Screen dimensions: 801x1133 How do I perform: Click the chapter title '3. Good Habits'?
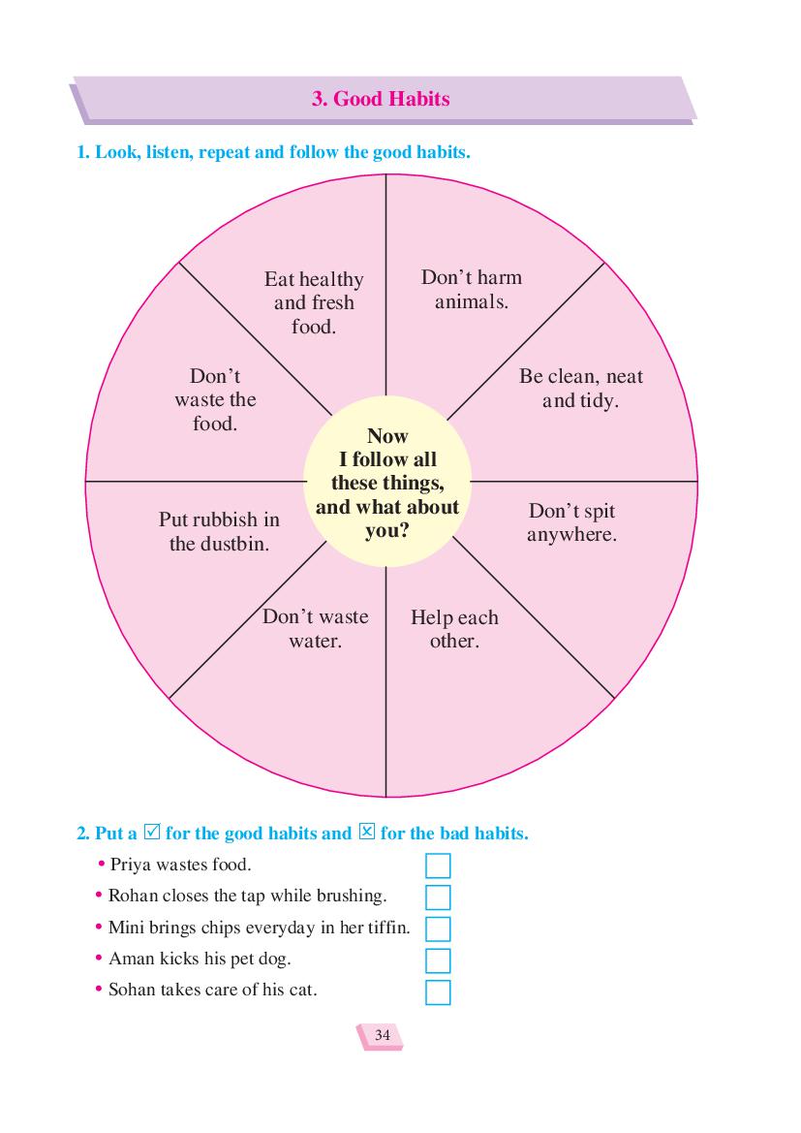(381, 99)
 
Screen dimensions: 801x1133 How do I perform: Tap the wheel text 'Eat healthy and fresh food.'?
(314, 302)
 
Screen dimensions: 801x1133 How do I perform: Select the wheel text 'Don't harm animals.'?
(472, 289)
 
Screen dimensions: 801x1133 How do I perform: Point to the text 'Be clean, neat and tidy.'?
(581, 388)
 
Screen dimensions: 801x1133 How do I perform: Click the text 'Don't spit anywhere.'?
(571, 522)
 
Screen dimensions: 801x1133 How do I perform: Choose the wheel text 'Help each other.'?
(454, 629)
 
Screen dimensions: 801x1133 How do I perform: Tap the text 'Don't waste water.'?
(315, 629)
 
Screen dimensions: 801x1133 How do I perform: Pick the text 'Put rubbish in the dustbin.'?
(219, 531)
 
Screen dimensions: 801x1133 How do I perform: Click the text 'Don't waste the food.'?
(215, 399)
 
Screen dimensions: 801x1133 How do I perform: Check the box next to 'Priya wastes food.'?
(438, 865)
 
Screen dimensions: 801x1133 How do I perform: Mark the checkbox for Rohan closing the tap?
(438, 897)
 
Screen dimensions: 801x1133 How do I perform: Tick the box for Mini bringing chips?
(438, 929)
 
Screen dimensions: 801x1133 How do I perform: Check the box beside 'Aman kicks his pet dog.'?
(438, 961)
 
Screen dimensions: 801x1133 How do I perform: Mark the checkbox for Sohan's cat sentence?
(438, 992)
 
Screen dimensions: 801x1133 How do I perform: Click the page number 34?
(382, 1035)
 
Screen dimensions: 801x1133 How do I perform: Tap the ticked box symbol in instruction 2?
(152, 832)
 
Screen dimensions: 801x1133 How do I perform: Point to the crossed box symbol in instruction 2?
(367, 832)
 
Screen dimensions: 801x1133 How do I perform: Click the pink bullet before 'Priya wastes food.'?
(101, 865)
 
